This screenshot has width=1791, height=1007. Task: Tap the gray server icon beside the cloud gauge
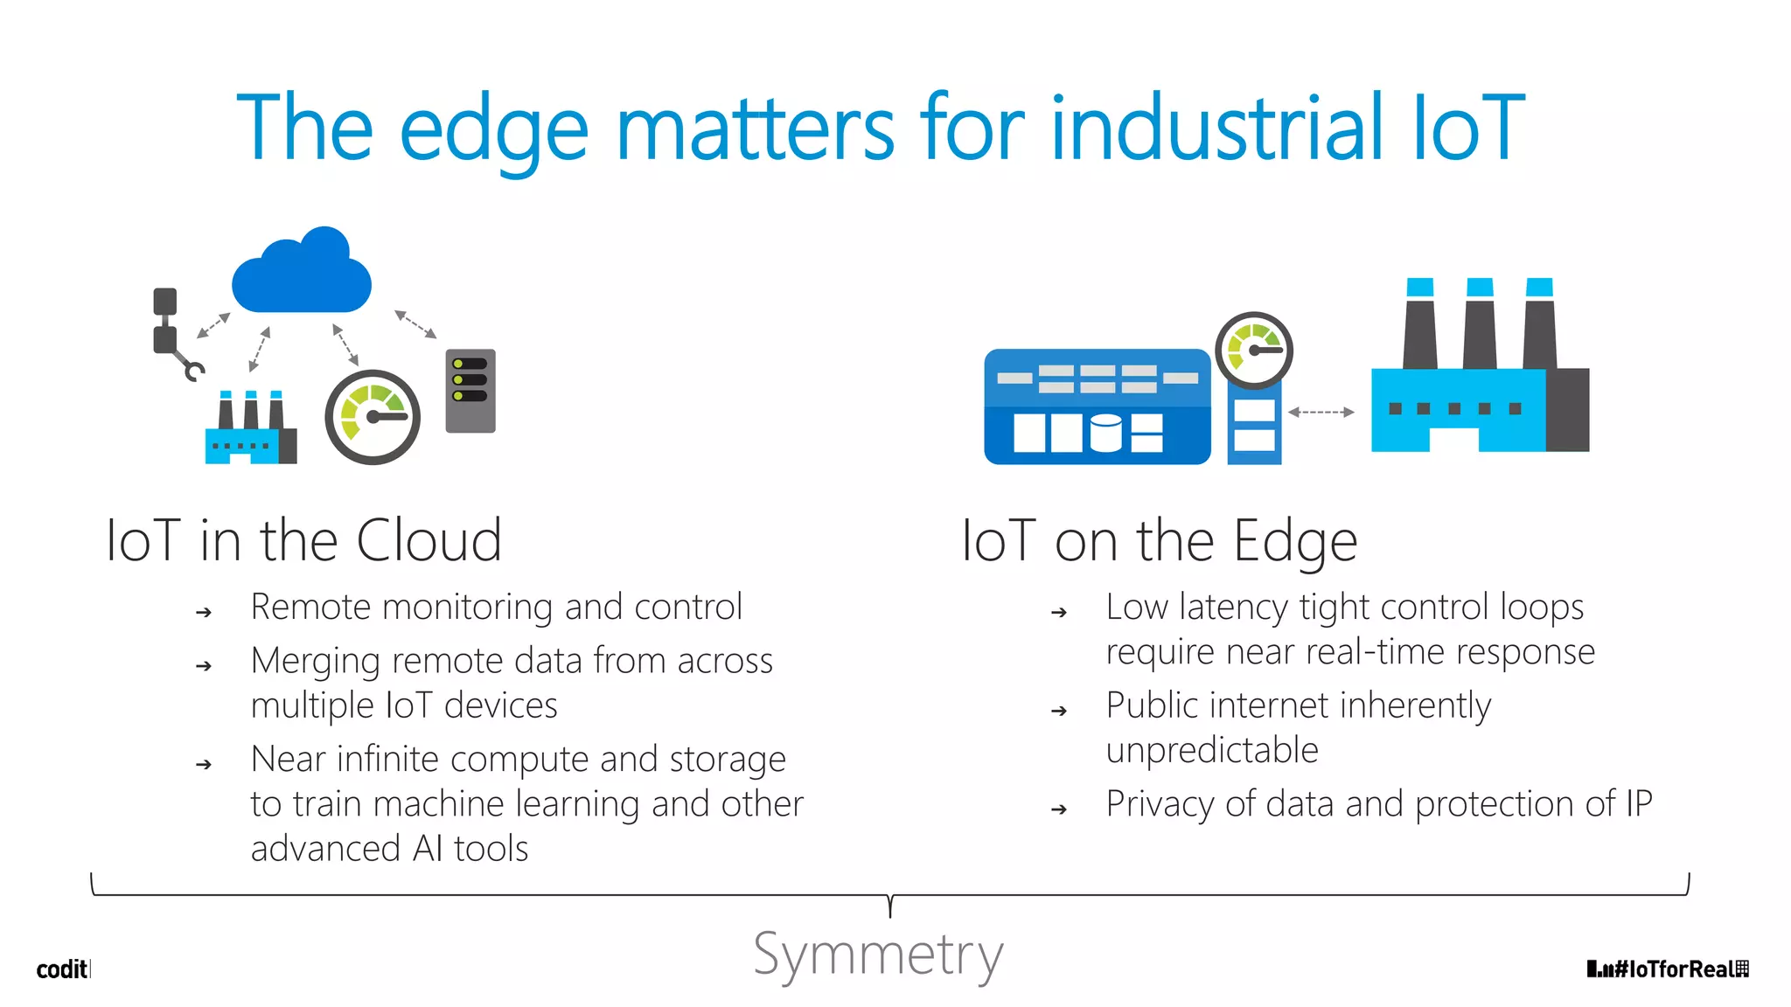point(470,391)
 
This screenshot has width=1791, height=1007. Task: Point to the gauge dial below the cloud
point(373,417)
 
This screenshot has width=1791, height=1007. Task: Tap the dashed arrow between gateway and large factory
point(1321,412)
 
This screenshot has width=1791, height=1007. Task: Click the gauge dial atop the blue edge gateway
point(1254,350)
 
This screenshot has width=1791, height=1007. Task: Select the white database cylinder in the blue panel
point(1105,432)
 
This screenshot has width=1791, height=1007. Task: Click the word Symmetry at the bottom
point(878,955)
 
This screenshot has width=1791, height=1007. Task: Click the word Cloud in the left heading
point(429,540)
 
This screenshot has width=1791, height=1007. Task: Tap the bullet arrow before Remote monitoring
point(204,613)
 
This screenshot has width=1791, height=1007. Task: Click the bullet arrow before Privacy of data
point(1059,809)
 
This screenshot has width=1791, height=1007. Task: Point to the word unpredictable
point(1212,750)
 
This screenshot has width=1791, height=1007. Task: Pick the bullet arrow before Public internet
point(1059,712)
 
